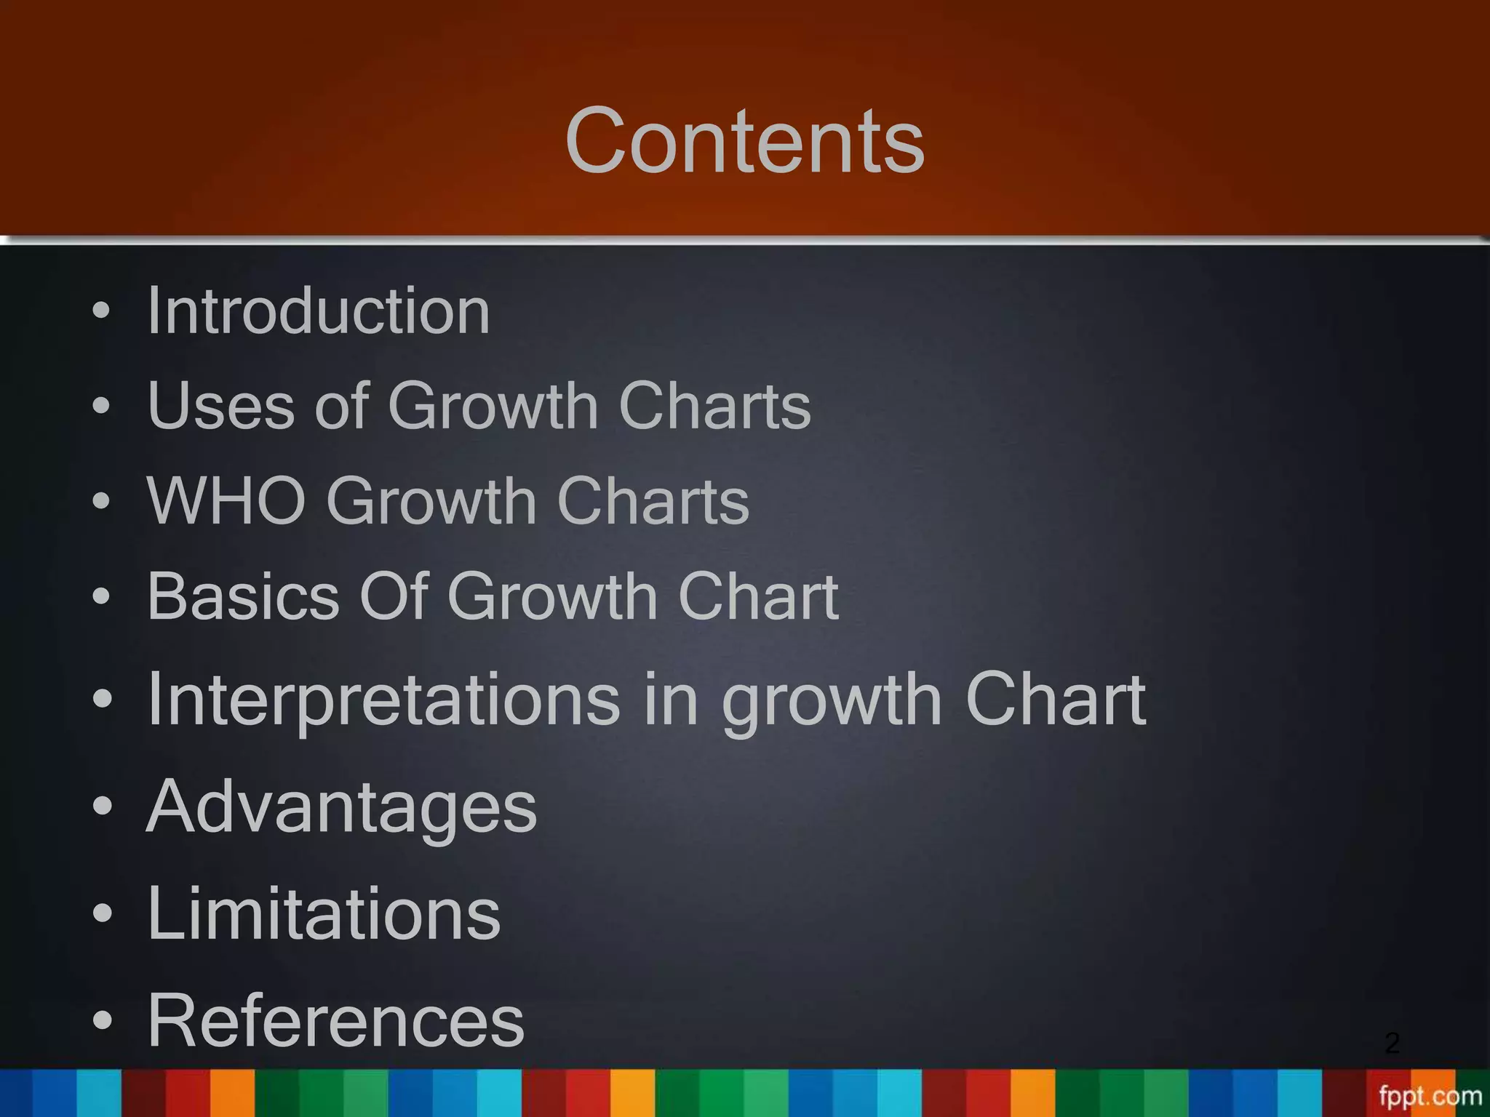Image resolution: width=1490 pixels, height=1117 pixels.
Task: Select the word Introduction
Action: pos(319,311)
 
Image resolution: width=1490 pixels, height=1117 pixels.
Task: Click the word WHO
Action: pos(226,501)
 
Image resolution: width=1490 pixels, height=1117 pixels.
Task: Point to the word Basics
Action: pos(243,596)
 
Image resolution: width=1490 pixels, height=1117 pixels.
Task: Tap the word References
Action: pos(335,1020)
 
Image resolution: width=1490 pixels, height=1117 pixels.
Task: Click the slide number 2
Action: pos(1393,1043)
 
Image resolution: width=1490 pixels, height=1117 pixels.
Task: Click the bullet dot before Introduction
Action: pos(102,311)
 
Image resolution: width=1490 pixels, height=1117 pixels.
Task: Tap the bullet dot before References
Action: pos(102,1020)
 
